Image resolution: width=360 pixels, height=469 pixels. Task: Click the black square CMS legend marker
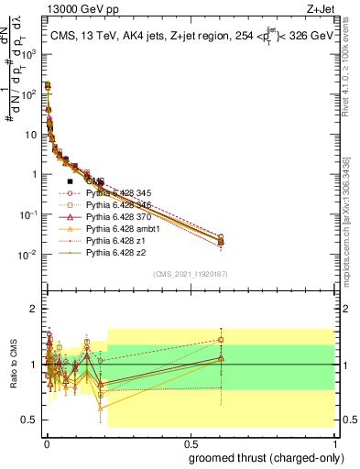(x=70, y=181)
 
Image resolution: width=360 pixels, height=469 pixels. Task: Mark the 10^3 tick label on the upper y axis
(x=29, y=54)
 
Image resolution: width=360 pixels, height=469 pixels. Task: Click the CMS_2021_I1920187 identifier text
(x=189, y=274)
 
